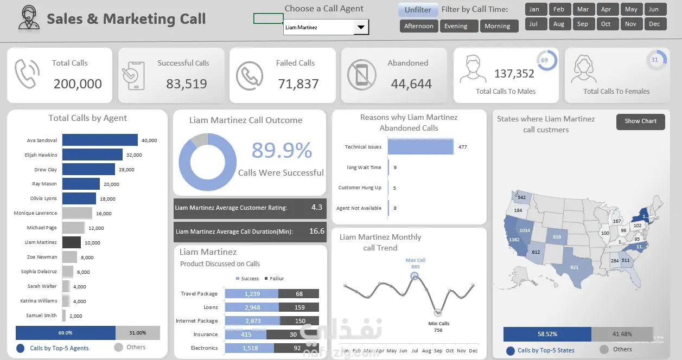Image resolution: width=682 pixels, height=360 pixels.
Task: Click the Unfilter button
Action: pos(418,10)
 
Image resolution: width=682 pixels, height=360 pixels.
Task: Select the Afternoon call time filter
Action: pos(419,26)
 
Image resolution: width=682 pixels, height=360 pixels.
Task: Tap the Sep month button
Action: pos(583,24)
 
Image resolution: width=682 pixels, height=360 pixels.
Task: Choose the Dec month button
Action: pos(654,24)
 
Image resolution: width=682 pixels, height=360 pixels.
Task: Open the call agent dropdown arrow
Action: pos(361,27)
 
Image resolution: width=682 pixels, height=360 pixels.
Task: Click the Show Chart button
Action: pos(640,121)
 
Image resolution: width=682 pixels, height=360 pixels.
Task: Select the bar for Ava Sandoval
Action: pos(100,140)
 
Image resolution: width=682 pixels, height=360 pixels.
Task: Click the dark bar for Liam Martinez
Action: pos(72,242)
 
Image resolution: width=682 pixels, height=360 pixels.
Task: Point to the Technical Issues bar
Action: pos(420,147)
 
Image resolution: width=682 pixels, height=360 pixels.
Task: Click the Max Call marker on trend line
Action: pos(415,277)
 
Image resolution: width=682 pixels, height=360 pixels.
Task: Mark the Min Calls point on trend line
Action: pos(438,312)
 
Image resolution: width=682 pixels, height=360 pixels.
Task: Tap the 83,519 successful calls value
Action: pos(186,84)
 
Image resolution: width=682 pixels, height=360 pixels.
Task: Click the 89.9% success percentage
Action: pos(282,150)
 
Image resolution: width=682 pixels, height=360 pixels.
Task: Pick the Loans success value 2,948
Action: pos(252,307)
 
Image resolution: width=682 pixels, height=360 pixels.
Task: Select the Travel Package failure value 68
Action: pos(299,294)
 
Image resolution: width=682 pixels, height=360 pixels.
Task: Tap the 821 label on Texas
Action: pos(575,267)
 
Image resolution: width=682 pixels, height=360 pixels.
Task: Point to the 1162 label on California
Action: pos(514,240)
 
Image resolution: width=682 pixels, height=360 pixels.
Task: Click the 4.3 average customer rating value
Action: pos(317,207)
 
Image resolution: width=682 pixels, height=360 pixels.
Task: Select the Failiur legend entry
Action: pos(273,279)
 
